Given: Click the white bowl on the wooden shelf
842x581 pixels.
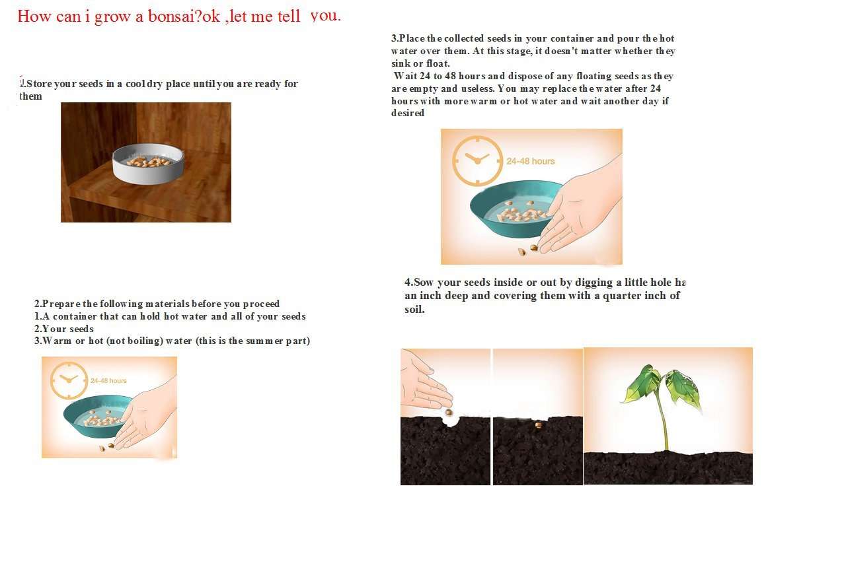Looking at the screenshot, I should point(147,162).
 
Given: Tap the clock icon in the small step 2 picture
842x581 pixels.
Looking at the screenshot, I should point(68,380).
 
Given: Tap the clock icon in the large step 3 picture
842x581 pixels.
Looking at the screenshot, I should point(477,160).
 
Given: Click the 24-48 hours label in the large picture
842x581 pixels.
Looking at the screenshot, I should point(531,161).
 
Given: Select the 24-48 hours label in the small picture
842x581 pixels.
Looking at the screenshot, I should point(108,381).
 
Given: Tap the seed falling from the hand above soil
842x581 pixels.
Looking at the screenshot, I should point(449,412).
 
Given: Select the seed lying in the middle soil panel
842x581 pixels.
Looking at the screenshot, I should point(538,425).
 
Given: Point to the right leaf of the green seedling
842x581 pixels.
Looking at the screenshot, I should point(683,386).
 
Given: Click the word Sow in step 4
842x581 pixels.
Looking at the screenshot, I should point(424,283).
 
